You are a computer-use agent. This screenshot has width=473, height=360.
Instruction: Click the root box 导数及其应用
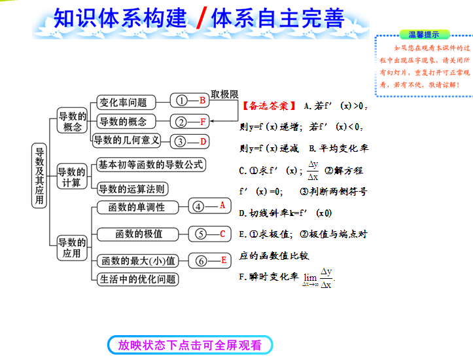(40, 175)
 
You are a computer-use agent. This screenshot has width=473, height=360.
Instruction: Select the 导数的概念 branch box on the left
(72, 120)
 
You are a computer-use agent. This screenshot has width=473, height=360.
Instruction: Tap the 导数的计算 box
(71, 177)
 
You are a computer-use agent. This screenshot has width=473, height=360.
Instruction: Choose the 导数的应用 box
(71, 247)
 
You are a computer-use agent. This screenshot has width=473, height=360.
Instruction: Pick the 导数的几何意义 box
(126, 140)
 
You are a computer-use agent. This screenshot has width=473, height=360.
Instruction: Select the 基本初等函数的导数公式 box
(150, 165)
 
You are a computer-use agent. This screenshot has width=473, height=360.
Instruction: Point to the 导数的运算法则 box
(131, 190)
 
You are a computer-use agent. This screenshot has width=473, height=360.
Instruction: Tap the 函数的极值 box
(139, 234)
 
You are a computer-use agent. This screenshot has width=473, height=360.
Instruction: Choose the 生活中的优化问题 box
(137, 279)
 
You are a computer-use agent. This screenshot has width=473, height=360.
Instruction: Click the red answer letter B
(203, 101)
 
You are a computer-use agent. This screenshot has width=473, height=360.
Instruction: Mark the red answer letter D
(203, 141)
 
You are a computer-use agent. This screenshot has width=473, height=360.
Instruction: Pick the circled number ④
(199, 206)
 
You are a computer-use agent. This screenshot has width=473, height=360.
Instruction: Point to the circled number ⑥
(201, 261)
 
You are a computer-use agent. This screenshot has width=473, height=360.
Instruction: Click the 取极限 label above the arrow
(224, 94)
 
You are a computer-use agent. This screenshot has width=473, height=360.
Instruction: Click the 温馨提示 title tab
(423, 34)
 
